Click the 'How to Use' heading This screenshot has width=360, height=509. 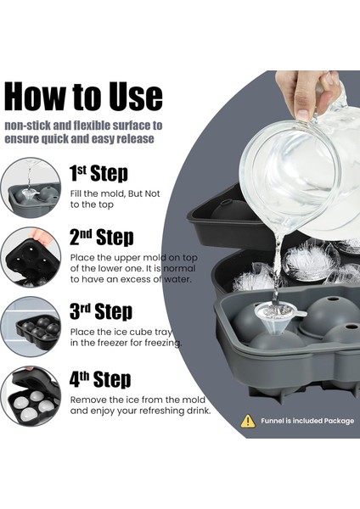click(83, 97)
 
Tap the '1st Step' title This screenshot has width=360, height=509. click(98, 173)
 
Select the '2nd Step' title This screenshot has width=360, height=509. click(102, 237)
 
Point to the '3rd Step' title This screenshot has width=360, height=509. click(101, 311)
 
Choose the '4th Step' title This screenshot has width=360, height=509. click(100, 379)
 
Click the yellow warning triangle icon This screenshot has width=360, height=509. click(248, 421)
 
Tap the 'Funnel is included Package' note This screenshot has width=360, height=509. click(307, 421)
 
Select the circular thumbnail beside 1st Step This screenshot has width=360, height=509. click(31, 187)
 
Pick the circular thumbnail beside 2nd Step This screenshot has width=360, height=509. click(31, 257)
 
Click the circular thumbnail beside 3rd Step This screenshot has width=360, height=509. click(31, 327)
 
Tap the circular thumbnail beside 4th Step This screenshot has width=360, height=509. click(31, 396)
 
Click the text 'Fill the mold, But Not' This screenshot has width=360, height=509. click(115, 193)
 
